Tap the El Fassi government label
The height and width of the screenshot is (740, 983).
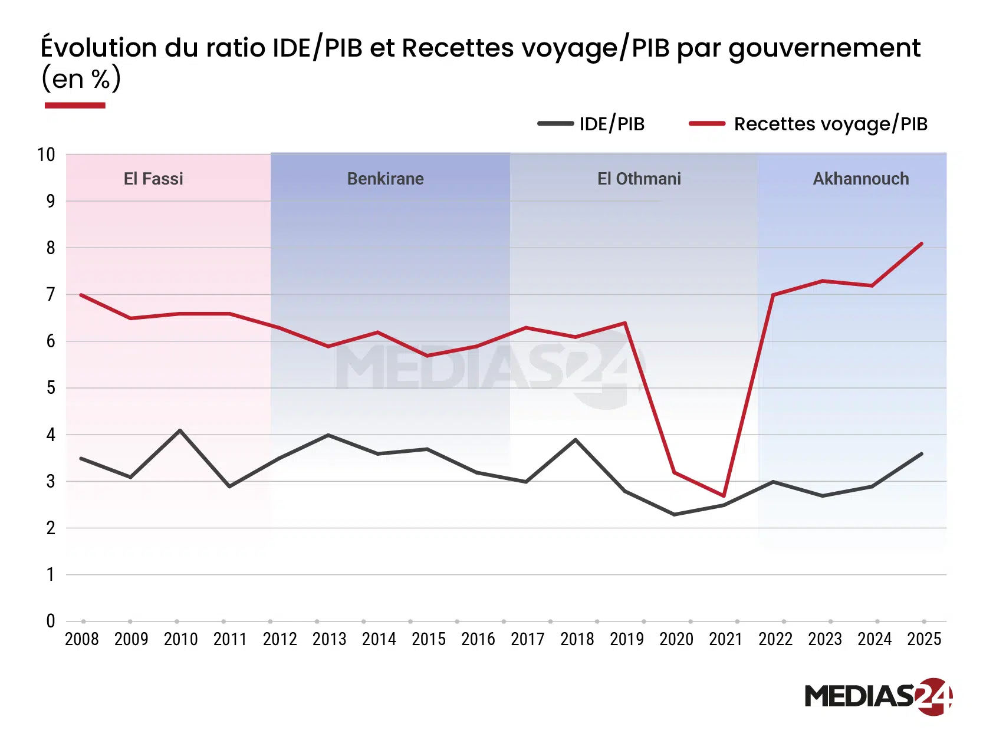(x=153, y=179)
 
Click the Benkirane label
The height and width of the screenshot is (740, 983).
(x=385, y=179)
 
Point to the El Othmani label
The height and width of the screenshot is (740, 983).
(x=639, y=179)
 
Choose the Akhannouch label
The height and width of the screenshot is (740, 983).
(x=860, y=179)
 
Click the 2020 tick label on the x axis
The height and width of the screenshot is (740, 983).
(x=676, y=639)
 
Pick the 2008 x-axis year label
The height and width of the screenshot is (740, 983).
(x=81, y=639)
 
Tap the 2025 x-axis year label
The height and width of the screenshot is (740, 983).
(x=923, y=639)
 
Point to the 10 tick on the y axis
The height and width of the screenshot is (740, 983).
(x=46, y=155)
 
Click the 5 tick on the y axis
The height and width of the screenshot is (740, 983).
(x=51, y=388)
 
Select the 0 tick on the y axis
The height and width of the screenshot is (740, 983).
(x=51, y=621)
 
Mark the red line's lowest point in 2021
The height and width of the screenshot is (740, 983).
(x=724, y=495)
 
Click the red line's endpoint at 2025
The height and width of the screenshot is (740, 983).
(x=922, y=244)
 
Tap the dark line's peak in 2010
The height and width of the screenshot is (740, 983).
(x=180, y=430)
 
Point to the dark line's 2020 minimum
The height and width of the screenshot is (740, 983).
(x=674, y=515)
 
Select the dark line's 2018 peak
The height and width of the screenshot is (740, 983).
(x=576, y=439)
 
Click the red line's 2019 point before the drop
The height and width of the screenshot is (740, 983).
(x=624, y=323)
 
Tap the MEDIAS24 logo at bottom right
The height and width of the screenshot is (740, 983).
(x=877, y=696)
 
